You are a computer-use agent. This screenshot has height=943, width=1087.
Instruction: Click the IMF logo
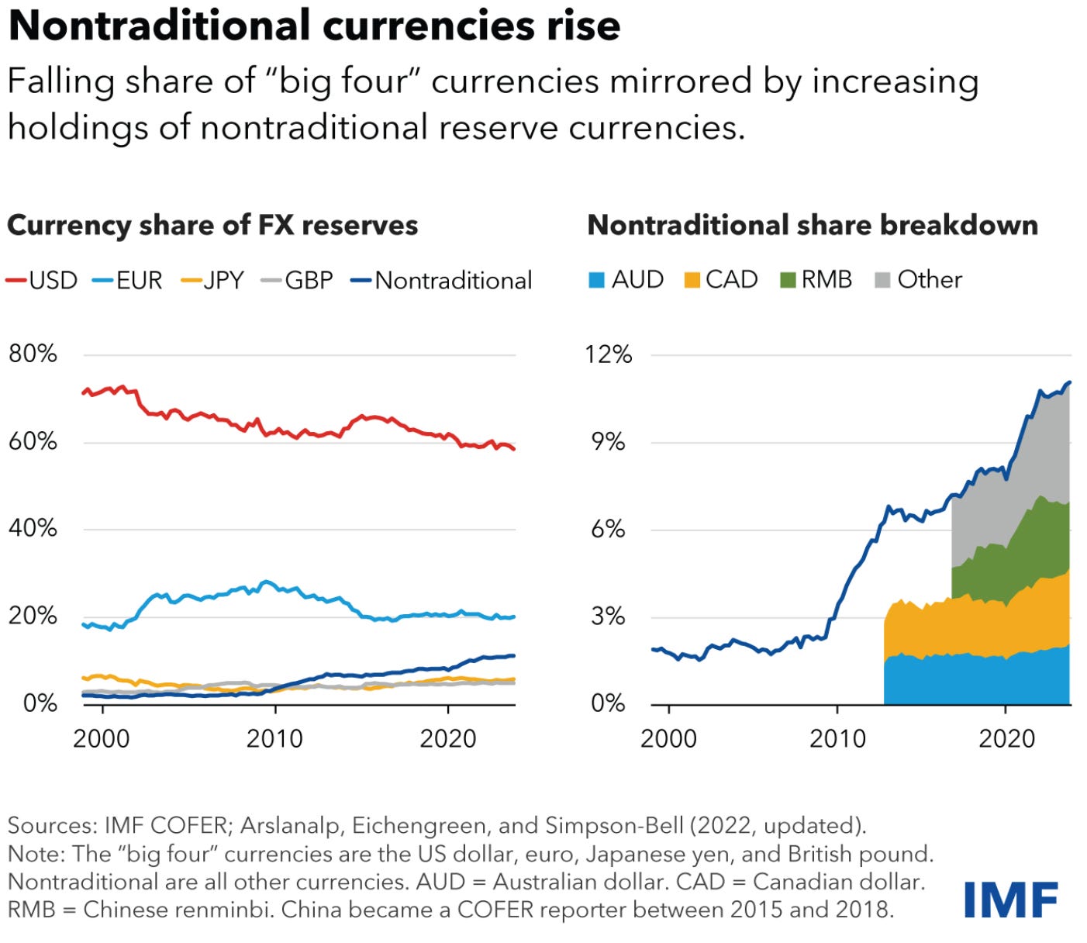(x=1010, y=900)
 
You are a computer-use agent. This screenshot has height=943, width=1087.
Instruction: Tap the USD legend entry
(x=43, y=280)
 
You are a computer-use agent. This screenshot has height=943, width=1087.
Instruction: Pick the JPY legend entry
(x=213, y=280)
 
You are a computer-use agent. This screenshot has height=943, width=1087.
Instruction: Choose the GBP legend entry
(x=298, y=280)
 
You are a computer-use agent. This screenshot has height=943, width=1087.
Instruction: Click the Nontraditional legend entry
(x=442, y=280)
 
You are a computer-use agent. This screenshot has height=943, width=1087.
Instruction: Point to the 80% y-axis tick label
(x=33, y=354)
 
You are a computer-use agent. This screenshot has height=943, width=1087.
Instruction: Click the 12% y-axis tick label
(x=609, y=354)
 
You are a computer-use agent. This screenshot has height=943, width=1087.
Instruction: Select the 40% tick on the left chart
(x=33, y=529)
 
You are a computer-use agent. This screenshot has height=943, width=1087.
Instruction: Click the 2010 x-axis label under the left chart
(x=274, y=738)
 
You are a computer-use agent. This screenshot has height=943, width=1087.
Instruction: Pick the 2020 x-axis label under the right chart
(x=1006, y=738)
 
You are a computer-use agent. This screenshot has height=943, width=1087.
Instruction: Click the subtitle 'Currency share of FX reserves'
(x=212, y=226)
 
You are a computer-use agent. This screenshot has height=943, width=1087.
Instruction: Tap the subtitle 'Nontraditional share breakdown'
(x=813, y=226)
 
